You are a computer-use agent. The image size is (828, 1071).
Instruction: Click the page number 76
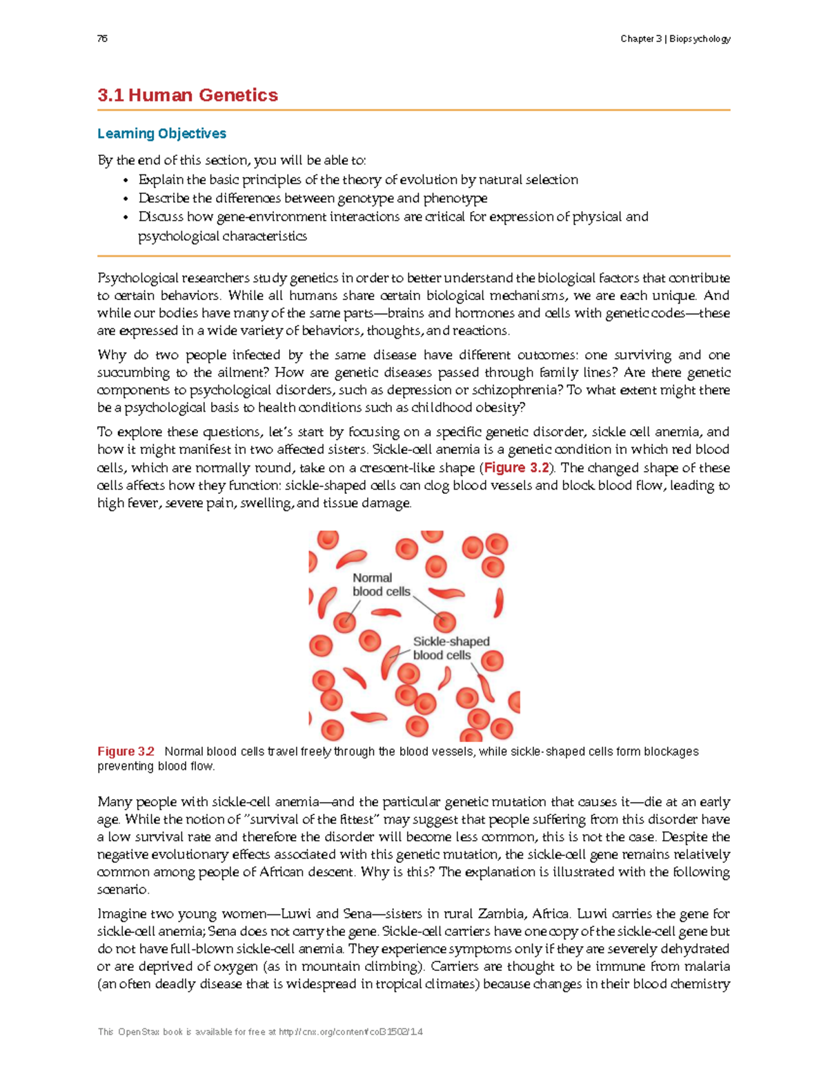click(x=102, y=39)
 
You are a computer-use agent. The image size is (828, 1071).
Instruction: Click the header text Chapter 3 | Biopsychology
click(x=675, y=39)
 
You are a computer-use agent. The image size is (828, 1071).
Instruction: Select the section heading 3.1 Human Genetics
click(x=188, y=95)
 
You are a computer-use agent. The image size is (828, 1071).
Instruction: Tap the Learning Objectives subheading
click(x=161, y=133)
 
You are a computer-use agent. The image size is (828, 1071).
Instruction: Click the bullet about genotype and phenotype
click(x=313, y=199)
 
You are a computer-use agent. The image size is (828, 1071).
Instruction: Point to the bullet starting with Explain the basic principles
click(x=358, y=180)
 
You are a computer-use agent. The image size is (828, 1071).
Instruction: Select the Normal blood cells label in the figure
click(x=381, y=585)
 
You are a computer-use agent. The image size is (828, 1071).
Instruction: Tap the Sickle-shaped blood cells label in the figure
click(x=451, y=648)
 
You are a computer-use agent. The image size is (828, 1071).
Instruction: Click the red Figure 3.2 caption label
click(x=126, y=751)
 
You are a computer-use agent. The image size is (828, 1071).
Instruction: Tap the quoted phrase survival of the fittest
click(x=313, y=819)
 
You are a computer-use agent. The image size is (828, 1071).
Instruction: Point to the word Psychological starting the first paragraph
click(x=138, y=278)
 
